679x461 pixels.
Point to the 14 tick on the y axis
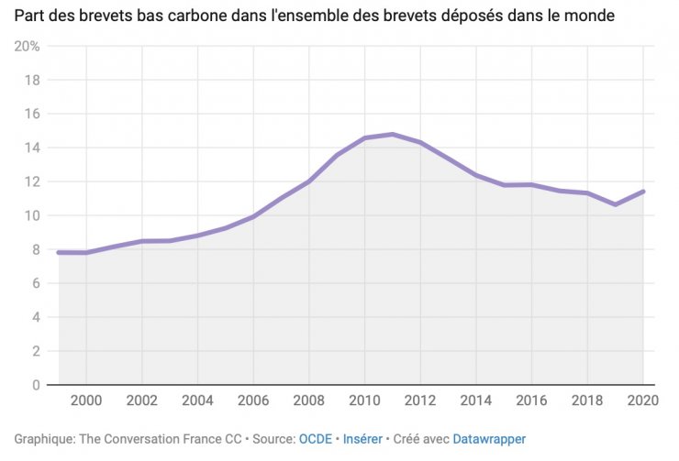point(32,148)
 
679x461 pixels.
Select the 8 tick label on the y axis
point(35,249)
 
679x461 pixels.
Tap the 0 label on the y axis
point(35,385)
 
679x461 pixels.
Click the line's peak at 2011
point(393,135)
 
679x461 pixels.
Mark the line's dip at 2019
point(616,204)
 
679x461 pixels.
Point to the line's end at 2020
point(643,192)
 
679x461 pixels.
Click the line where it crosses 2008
point(309,181)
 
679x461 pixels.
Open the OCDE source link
point(317,440)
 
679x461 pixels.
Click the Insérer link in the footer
point(362,440)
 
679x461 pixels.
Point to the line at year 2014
point(476,175)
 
